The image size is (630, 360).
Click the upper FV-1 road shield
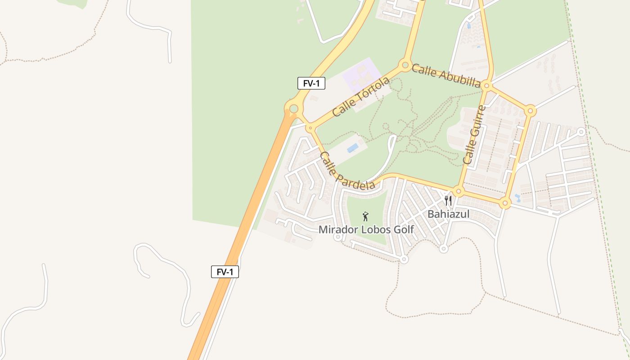pyautogui.click(x=311, y=83)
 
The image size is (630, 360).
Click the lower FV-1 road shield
pyautogui.click(x=225, y=272)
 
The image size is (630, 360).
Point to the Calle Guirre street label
pyautogui.click(x=475, y=135)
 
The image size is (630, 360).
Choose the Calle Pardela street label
pyautogui.click(x=346, y=171)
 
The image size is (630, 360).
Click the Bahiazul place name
pyautogui.click(x=448, y=214)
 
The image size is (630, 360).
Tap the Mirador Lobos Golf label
pyautogui.click(x=366, y=229)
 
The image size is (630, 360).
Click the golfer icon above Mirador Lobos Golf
pyautogui.click(x=365, y=216)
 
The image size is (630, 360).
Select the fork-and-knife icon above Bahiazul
pyautogui.click(x=448, y=201)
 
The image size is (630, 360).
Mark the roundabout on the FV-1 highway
pyautogui.click(x=293, y=108)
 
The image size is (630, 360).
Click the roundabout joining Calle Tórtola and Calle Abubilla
pyautogui.click(x=405, y=65)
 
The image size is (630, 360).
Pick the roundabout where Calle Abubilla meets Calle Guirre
pyautogui.click(x=487, y=85)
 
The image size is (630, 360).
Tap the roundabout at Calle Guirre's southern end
pyautogui.click(x=458, y=192)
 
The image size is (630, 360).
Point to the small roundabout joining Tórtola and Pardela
pyautogui.click(x=310, y=128)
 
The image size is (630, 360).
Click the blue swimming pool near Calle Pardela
pyautogui.click(x=353, y=148)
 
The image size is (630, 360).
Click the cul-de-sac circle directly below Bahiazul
pyautogui.click(x=444, y=248)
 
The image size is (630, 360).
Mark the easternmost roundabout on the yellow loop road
pyautogui.click(x=531, y=111)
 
